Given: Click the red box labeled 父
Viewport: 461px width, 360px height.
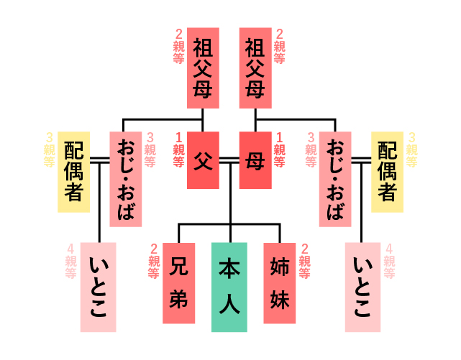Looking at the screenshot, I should pos(203,160).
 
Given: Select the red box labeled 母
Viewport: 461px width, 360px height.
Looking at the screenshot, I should pos(255,160).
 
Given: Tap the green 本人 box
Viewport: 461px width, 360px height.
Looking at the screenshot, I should pos(229,287).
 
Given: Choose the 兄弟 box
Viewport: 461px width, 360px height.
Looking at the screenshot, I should pos(179,282).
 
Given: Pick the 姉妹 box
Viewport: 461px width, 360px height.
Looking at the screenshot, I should pos(280,282).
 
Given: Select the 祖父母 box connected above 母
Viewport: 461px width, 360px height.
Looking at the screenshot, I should pos(255,68).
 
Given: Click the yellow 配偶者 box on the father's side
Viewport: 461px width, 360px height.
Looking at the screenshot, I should pos(73,172).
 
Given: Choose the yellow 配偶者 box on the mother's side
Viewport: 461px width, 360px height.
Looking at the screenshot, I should pos(387,172).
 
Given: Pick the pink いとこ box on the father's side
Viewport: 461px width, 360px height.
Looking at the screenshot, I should pos(99,287).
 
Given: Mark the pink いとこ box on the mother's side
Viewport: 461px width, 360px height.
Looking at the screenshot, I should pos(362,287).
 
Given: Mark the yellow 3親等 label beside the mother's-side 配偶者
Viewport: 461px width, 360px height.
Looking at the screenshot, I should pos(411,149).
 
